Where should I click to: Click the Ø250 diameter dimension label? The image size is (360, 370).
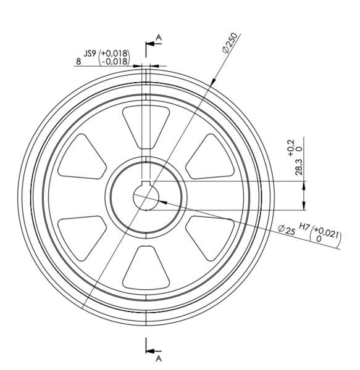[229, 43]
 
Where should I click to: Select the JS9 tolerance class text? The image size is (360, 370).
[90, 54]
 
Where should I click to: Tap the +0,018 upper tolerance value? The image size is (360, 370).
[115, 53]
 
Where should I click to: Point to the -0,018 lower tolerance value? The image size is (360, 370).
[115, 61]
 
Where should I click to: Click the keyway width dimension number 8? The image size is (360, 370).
[78, 62]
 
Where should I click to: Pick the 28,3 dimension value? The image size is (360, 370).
[299, 167]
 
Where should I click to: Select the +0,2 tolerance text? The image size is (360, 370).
[291, 148]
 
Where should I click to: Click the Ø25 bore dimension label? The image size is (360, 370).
[287, 230]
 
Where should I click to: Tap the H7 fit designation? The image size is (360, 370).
[304, 226]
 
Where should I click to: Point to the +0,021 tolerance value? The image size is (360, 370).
[327, 232]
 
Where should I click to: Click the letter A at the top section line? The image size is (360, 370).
[159, 37]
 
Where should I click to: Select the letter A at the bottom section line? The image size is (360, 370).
[159, 359]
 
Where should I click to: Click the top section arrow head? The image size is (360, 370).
[150, 44]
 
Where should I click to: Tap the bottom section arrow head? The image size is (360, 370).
[150, 351]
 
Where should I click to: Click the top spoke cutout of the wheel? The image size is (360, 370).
[146, 127]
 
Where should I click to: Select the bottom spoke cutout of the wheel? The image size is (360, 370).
[146, 268]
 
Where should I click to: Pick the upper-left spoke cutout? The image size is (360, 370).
[82, 157]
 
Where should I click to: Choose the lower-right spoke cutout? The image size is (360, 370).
[210, 238]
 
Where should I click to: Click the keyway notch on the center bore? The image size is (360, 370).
[146, 183]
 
